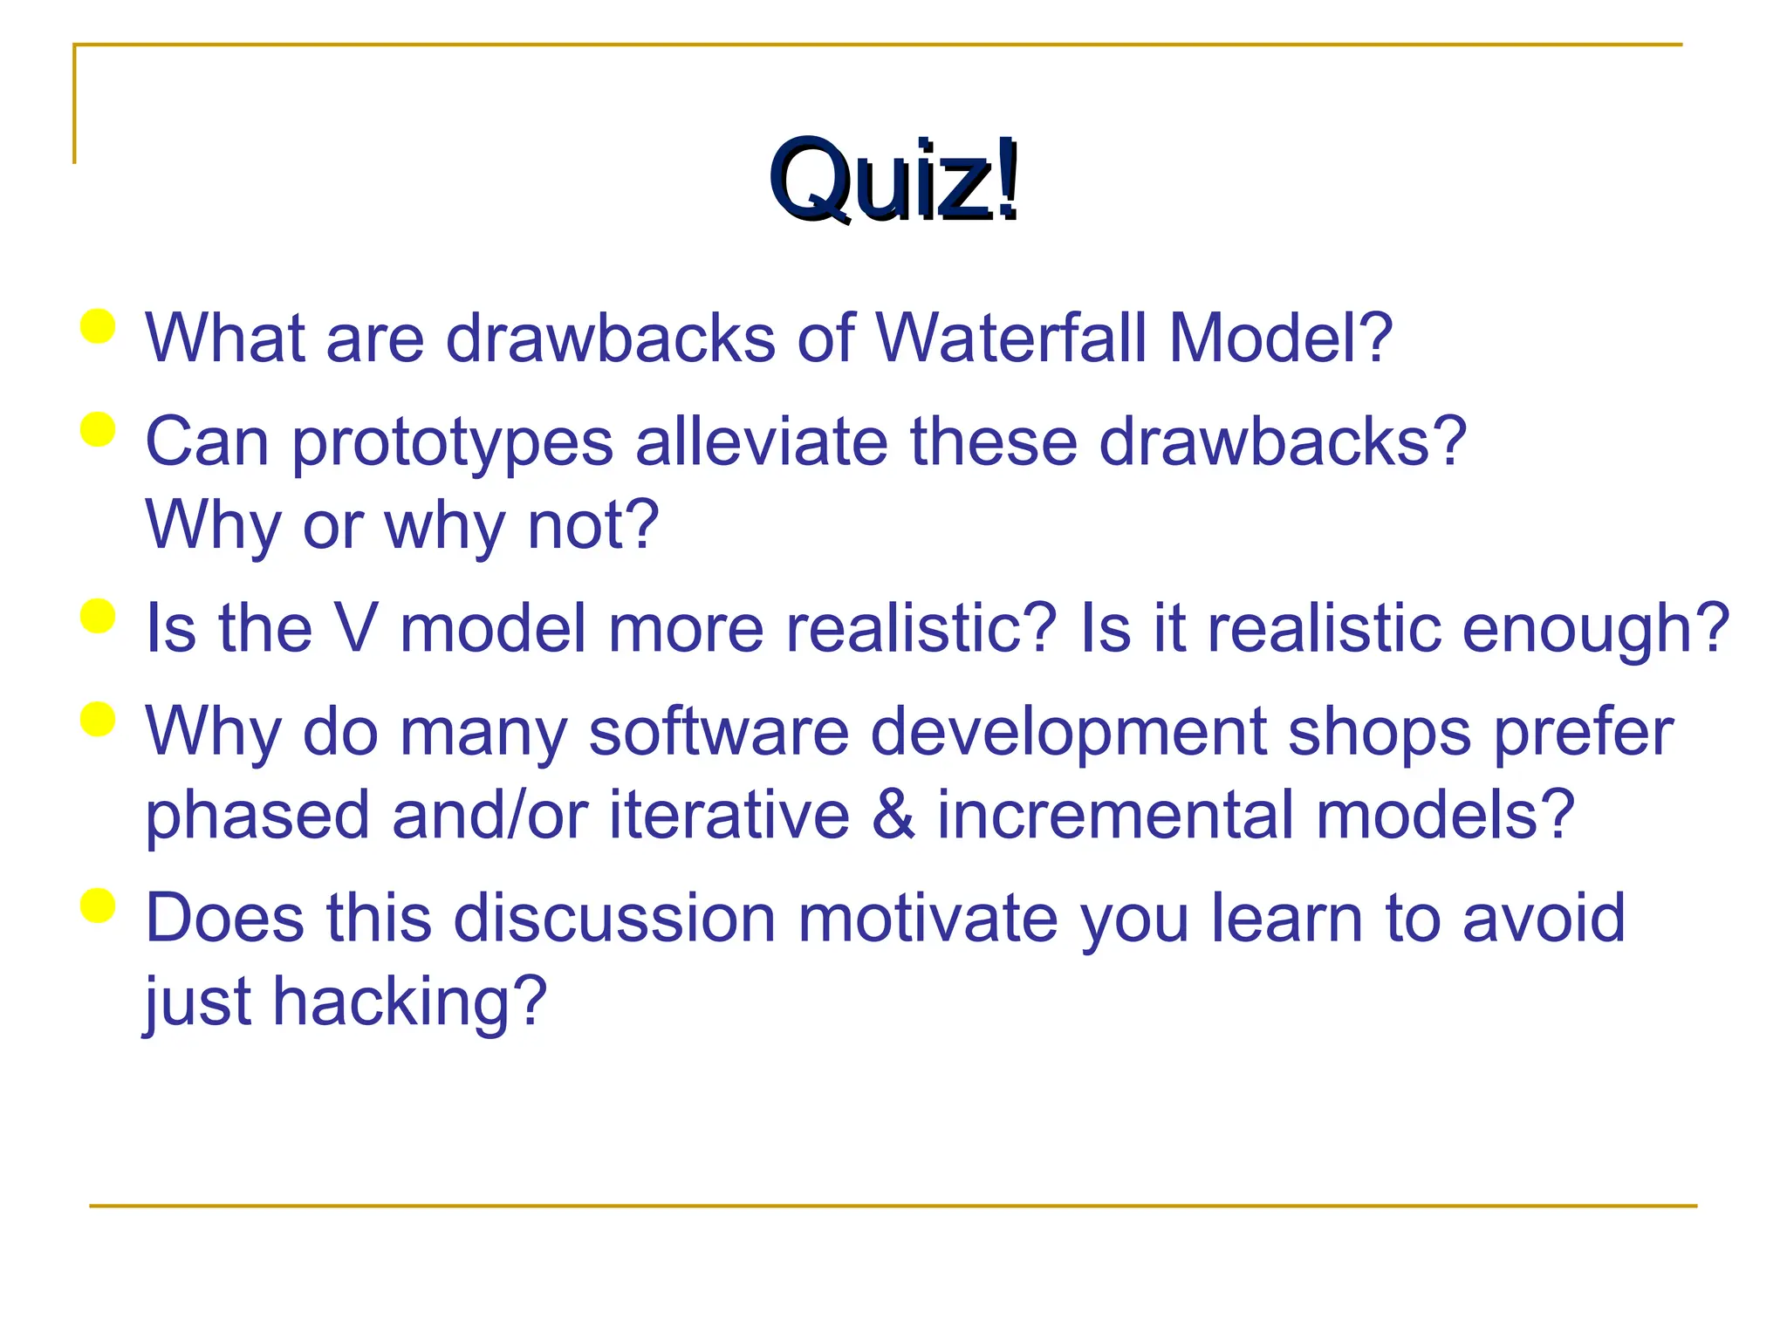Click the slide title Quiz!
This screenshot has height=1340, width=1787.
pyautogui.click(x=893, y=181)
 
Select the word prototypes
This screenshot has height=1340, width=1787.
pyautogui.click(x=452, y=443)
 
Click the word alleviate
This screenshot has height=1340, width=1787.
pyautogui.click(x=761, y=441)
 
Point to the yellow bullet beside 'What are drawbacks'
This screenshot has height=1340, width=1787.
pyautogui.click(x=98, y=327)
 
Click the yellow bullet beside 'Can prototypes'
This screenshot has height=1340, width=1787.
pyautogui.click(x=98, y=430)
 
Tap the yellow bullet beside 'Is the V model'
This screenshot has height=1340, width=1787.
pyautogui.click(x=98, y=616)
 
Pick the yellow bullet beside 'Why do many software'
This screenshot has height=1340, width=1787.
pyautogui.click(x=98, y=720)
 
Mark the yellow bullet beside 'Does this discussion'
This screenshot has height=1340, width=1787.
pyautogui.click(x=98, y=906)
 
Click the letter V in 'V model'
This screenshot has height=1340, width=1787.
pyautogui.click(x=356, y=628)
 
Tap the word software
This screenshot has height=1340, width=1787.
pyautogui.click(x=718, y=731)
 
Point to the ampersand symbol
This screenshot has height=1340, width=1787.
pyautogui.click(x=893, y=815)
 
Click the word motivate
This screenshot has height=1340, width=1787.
pyautogui.click(x=927, y=918)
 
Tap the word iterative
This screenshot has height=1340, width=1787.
pyautogui.click(x=729, y=815)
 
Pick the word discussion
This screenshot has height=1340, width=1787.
pyautogui.click(x=614, y=918)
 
